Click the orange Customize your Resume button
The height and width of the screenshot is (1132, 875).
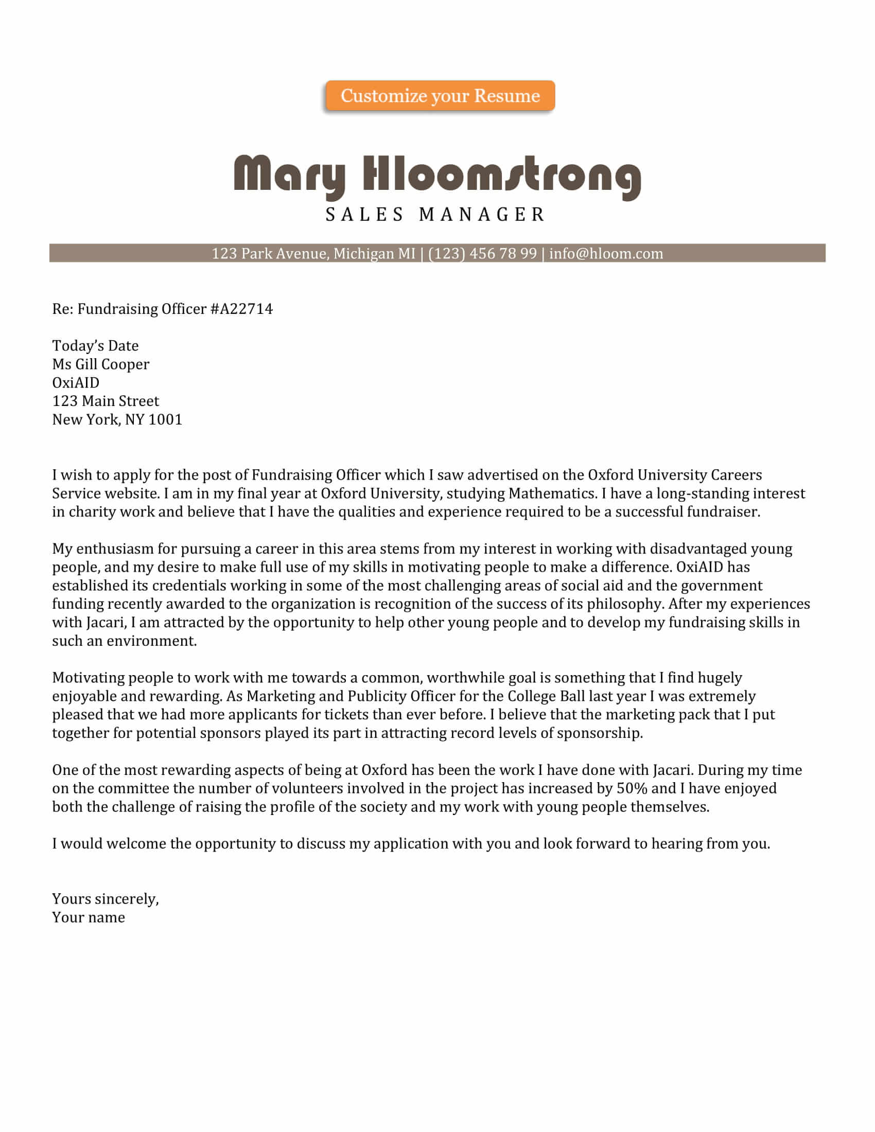point(440,96)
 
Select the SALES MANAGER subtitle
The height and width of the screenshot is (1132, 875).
point(435,214)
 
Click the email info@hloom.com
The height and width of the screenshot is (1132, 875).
point(606,254)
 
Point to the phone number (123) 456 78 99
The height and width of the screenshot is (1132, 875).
point(482,254)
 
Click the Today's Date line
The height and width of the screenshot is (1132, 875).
point(95,346)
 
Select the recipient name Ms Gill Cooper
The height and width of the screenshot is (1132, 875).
point(100,364)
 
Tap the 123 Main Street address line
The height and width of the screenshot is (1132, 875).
point(105,401)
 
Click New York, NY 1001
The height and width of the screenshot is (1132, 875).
point(117,419)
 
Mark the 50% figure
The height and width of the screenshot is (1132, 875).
point(632,788)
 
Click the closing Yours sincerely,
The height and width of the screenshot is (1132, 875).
point(105,899)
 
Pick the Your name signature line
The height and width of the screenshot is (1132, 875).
point(89,917)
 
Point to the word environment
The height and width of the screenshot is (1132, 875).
point(151,641)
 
